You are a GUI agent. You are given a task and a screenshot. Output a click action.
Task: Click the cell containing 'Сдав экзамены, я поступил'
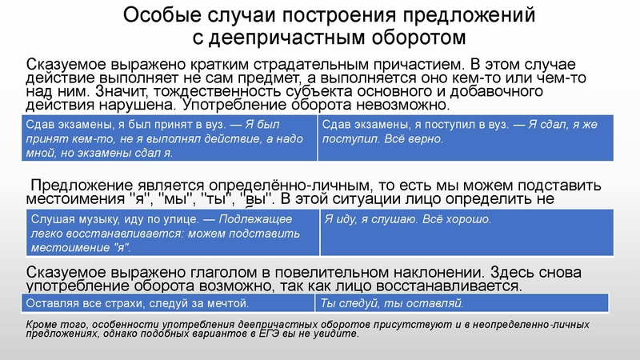(x=465, y=136)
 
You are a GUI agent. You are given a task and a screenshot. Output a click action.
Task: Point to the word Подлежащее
(x=257, y=219)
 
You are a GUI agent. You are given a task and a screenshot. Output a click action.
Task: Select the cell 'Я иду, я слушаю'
(x=465, y=232)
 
